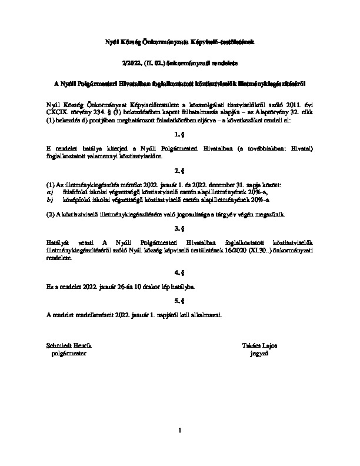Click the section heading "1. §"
[x=180, y=134]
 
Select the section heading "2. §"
[x=180, y=171]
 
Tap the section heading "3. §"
[x=180, y=228]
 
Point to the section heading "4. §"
[x=180, y=272]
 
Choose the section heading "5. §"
[x=180, y=301]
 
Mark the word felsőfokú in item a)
[x=75, y=192]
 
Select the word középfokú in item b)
[x=76, y=199]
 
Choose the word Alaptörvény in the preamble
[x=273, y=110]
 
